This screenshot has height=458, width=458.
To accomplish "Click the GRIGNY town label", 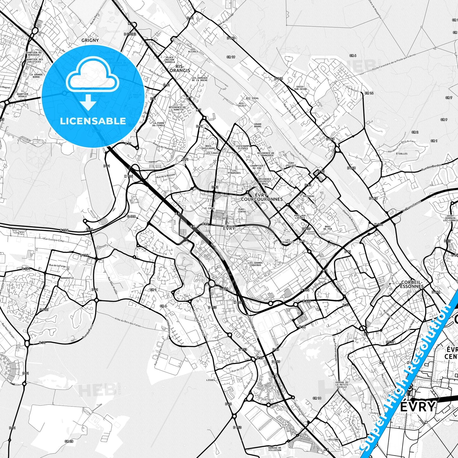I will click(90, 40).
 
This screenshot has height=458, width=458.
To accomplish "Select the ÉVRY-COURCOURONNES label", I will click(261, 197).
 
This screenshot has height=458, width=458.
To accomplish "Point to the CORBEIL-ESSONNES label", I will click(412, 284).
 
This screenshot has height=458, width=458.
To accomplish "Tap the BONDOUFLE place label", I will click(67, 277).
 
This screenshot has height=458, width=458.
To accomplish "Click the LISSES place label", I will click(210, 380).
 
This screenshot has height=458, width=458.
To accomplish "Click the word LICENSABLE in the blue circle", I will click(93, 121).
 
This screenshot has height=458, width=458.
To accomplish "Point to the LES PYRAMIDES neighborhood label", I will click(234, 171).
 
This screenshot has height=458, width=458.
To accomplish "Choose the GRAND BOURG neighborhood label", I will click(258, 126).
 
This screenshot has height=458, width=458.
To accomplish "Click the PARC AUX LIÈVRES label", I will click(300, 216).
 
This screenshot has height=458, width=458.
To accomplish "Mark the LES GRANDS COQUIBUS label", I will click(255, 264).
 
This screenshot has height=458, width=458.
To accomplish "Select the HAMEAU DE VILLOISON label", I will click(274, 449).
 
